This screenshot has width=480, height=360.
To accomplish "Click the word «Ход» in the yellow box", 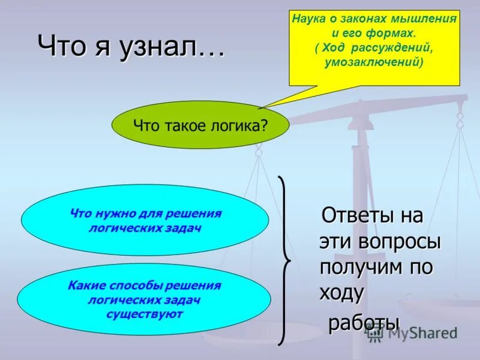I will tap(332, 47).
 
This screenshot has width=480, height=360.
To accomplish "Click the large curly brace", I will tap(284, 261).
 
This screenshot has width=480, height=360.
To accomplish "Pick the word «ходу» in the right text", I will tap(341, 293).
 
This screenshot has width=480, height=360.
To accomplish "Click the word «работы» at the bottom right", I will tap(362, 323).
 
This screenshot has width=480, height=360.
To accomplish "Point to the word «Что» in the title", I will tap(56, 47).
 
